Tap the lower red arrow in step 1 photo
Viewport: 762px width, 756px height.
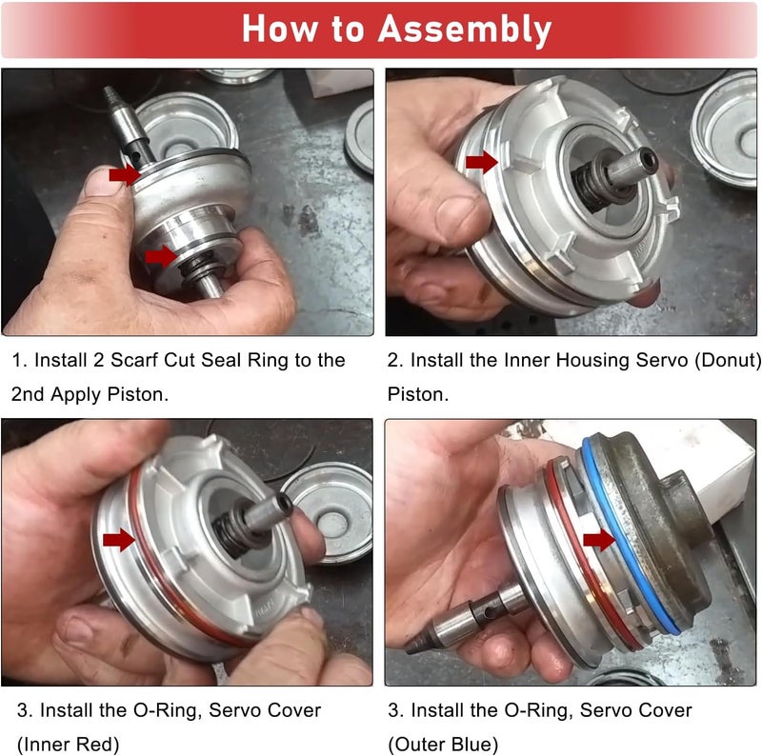160,255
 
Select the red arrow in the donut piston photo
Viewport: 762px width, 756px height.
482,162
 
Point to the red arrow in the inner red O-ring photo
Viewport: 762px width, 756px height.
119,541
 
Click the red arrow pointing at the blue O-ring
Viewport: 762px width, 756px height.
598,540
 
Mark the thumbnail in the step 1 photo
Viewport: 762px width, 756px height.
102,181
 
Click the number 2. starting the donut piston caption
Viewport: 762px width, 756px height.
394,361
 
